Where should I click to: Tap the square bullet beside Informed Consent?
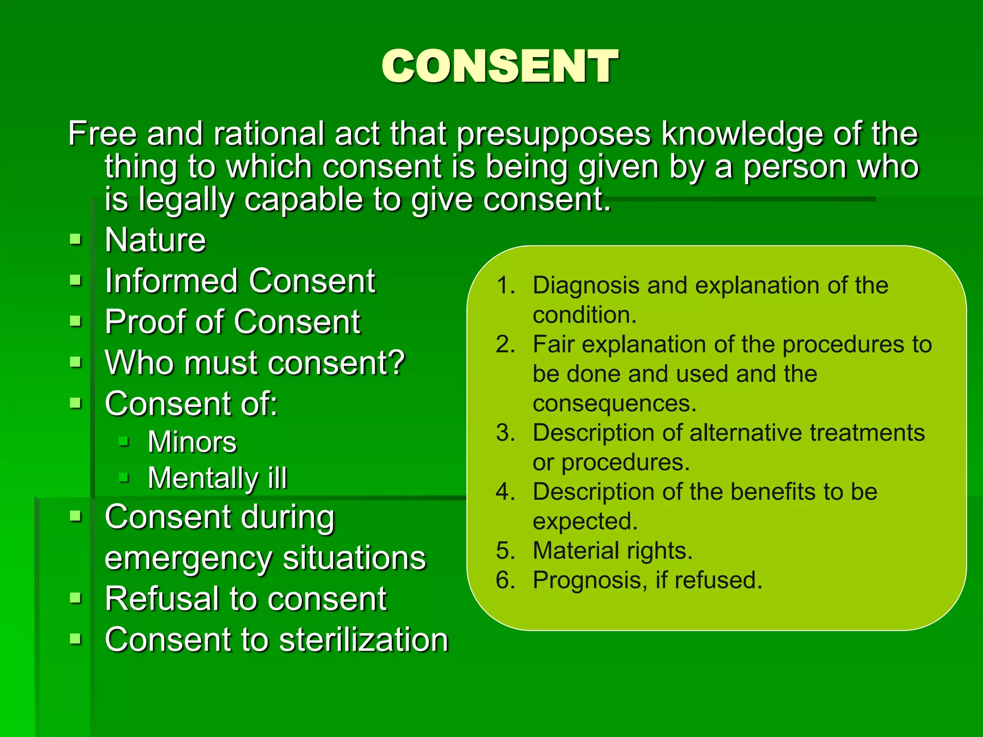tap(75, 280)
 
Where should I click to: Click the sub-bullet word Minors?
tap(192, 442)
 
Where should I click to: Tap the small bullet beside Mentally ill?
tap(124, 477)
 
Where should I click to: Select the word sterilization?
tap(363, 640)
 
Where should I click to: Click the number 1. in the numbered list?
tap(505, 285)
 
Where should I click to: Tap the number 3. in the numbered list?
tap(505, 433)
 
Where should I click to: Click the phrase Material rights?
tap(612, 551)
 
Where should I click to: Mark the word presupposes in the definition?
tap(553, 134)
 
